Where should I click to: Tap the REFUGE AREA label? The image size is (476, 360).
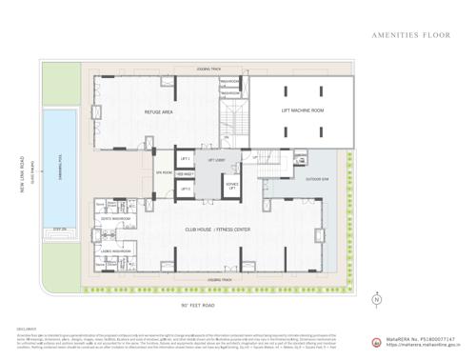click(x=158, y=112)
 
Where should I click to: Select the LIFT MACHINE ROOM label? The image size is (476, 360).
click(x=303, y=110)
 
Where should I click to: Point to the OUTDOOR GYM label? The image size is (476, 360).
click(x=318, y=178)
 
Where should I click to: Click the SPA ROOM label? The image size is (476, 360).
click(x=164, y=172)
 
